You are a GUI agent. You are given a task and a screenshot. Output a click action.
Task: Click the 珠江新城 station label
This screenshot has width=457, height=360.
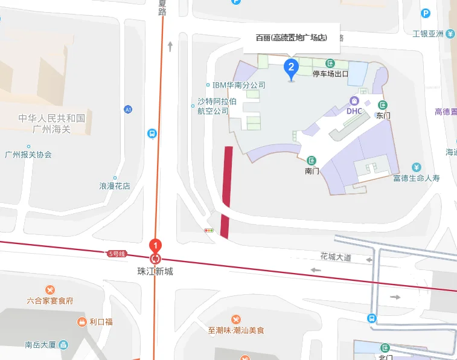(155, 272)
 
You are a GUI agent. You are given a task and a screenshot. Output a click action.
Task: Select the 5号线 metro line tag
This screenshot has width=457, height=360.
(117, 254)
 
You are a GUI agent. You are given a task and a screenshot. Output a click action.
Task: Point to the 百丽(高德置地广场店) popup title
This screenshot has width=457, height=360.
(292, 37)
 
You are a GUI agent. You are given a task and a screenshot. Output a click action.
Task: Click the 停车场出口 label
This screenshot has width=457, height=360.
(331, 74)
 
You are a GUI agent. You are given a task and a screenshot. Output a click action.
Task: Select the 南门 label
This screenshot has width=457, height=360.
(312, 171)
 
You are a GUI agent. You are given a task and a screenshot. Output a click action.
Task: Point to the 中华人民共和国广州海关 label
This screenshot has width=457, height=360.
(52, 124)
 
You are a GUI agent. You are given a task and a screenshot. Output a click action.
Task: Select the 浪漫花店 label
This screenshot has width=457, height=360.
(115, 186)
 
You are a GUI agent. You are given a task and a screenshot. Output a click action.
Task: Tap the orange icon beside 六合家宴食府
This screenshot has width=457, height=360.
(50, 290)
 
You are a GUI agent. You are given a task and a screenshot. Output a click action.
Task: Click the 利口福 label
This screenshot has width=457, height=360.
(101, 321)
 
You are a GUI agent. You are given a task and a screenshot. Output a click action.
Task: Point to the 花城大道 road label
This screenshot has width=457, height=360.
(336, 257)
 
